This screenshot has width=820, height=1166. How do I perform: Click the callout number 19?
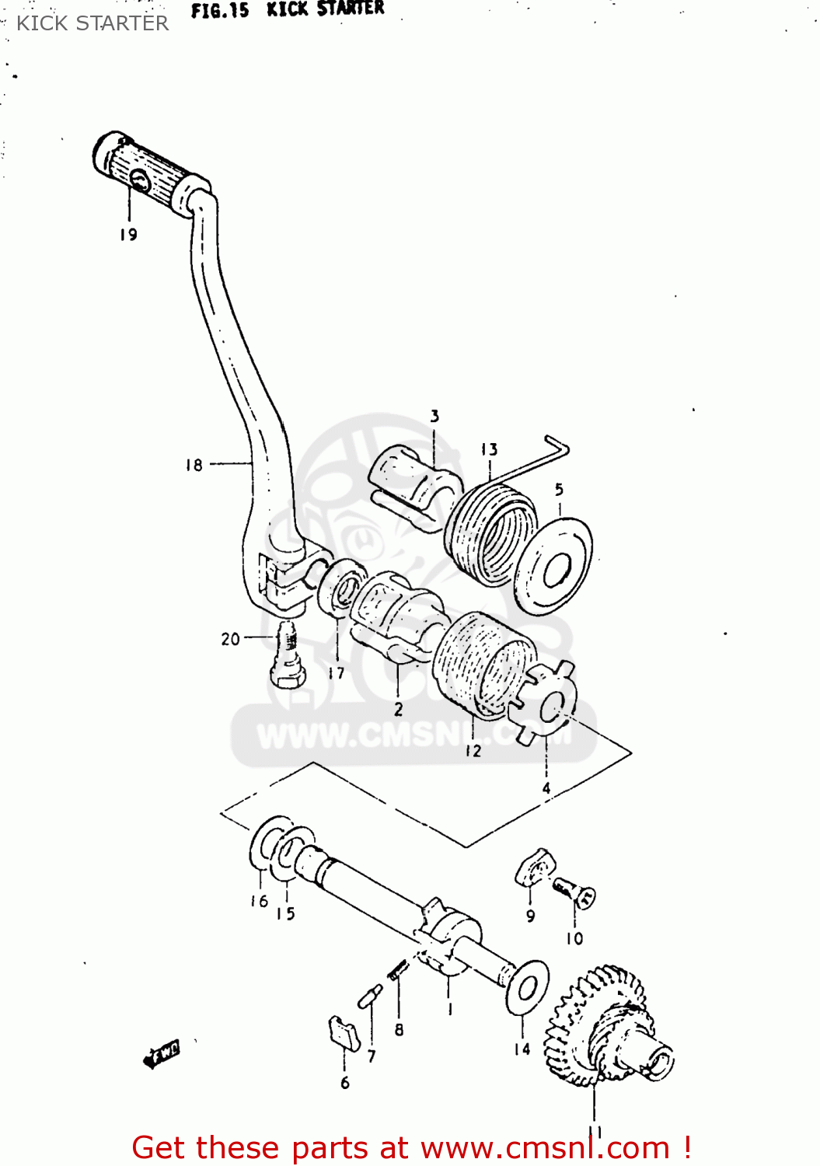point(128,235)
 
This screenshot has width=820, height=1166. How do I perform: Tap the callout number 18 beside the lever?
point(194,465)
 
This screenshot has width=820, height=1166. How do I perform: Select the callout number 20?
point(230,639)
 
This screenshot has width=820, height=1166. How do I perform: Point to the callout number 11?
point(595,1132)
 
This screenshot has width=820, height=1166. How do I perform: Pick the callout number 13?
point(489,449)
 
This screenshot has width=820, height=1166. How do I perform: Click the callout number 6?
point(345,1083)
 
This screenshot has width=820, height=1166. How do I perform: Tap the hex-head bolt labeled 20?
point(287,658)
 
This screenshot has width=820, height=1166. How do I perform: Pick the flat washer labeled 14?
point(528,986)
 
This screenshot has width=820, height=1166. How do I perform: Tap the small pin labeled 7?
point(370,996)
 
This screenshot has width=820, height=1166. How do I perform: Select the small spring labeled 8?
point(399,970)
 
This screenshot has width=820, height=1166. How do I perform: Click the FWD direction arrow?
point(162,1054)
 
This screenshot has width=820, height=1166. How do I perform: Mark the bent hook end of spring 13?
point(558,446)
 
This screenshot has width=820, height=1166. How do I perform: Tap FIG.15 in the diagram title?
point(220,10)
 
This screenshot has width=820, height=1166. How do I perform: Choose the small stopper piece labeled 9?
point(534,867)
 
